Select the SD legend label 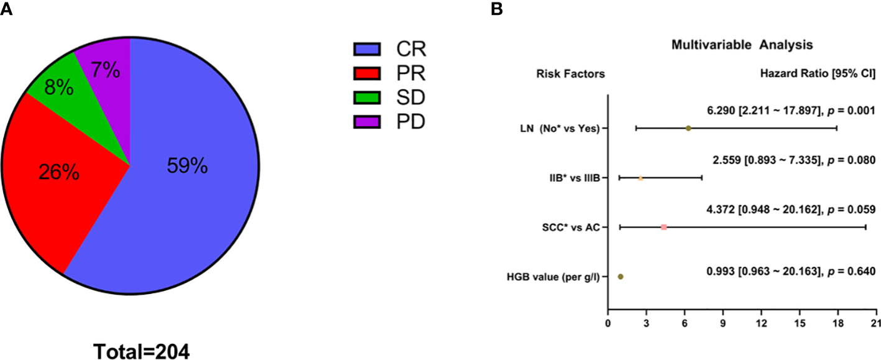click(x=410, y=98)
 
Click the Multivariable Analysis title click(x=742, y=45)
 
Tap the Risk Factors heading click(x=570, y=74)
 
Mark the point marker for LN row click(x=688, y=128)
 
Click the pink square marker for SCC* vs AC click(x=663, y=228)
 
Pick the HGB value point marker click(x=620, y=277)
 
